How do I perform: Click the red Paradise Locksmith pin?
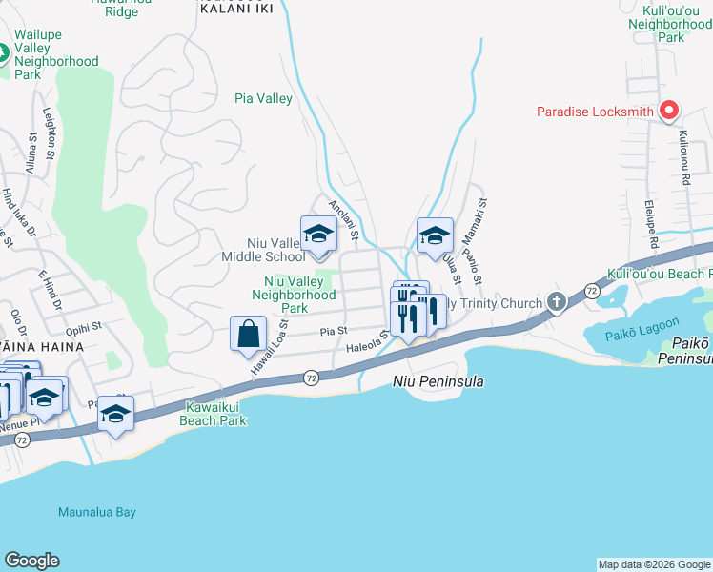(669, 112)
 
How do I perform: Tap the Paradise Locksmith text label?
(595, 112)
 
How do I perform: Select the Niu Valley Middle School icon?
(318, 235)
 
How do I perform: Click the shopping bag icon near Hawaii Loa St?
(248, 335)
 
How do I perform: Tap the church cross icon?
(557, 302)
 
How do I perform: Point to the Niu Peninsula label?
(438, 381)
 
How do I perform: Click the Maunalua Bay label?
(96, 512)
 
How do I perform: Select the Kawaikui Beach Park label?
(214, 414)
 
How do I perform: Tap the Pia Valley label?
(263, 98)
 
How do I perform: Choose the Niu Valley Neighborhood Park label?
(293, 295)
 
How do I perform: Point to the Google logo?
(31, 561)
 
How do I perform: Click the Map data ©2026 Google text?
(653, 564)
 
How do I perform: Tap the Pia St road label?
(333, 332)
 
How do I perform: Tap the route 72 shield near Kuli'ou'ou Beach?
(592, 289)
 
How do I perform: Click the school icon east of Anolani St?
(435, 235)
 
